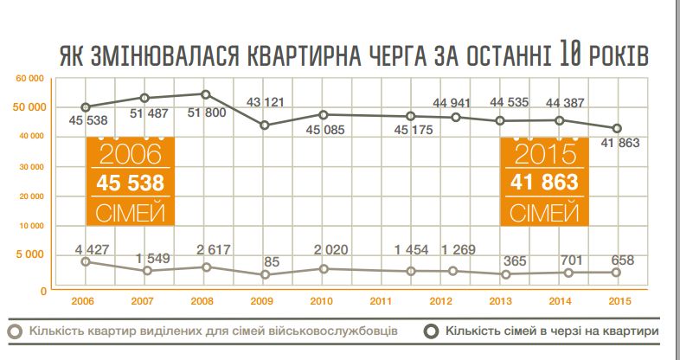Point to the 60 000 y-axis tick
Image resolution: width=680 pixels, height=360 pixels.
(30, 79)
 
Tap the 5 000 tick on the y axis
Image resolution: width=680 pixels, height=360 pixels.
(32, 255)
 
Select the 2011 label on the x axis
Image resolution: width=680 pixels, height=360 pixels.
(382, 302)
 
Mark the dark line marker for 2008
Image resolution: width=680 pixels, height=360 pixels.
(205, 94)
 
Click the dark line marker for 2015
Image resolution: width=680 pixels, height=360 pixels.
(616, 128)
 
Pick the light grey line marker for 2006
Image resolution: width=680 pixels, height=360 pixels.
(84, 261)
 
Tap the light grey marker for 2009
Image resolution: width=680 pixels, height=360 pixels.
(265, 275)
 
